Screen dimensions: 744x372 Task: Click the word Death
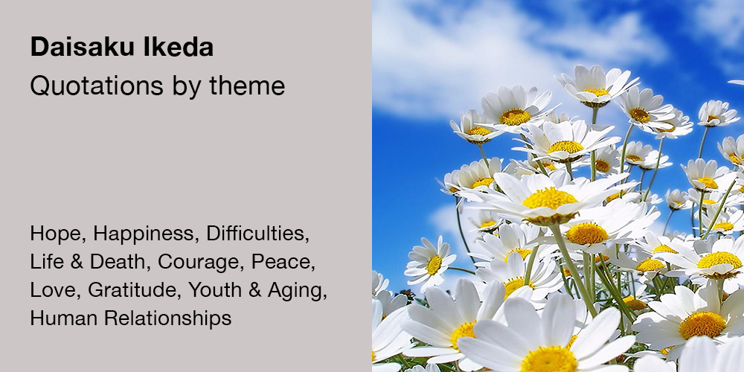[x=120, y=262]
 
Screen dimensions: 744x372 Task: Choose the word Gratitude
[x=135, y=290]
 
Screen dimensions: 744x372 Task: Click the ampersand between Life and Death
[x=77, y=263]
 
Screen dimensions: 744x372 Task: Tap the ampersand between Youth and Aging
[x=254, y=290]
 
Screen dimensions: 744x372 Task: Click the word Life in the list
[x=47, y=262]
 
